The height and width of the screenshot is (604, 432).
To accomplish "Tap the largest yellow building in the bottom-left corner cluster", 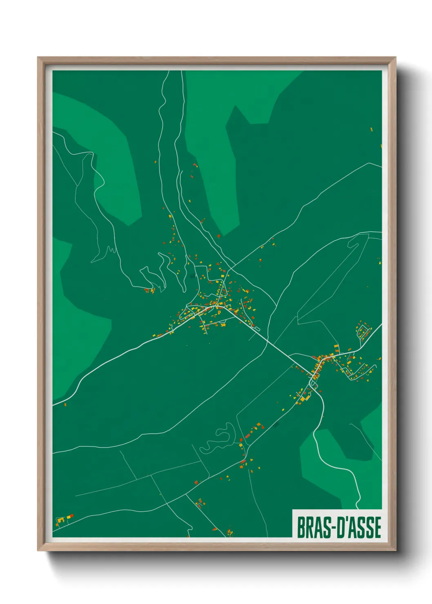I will click(61, 520).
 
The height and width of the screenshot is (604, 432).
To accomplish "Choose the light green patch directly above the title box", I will click(323, 469).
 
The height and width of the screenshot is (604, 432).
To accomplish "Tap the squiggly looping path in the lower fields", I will click(218, 439).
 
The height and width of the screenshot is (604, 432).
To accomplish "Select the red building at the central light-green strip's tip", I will click(219, 235).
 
